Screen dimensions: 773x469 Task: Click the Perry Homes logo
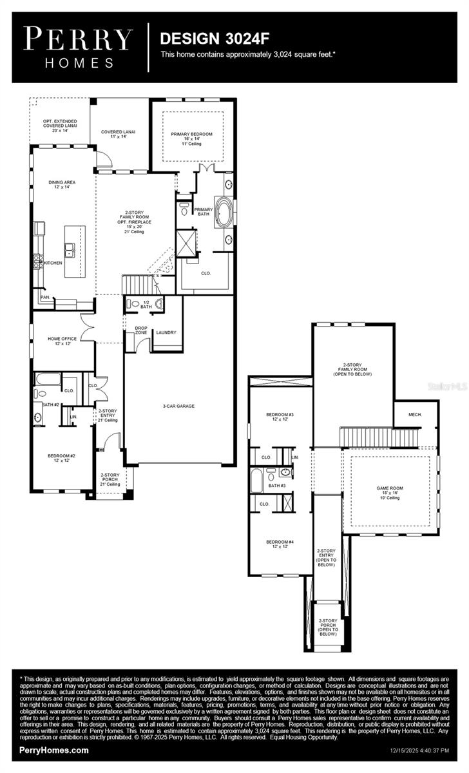click(x=79, y=46)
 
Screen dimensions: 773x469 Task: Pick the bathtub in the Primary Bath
click(x=225, y=212)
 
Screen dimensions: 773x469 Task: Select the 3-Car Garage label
click(x=178, y=406)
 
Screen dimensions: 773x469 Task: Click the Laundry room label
click(x=166, y=332)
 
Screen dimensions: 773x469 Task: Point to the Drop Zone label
click(x=141, y=330)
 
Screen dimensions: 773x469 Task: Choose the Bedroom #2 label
click(x=62, y=458)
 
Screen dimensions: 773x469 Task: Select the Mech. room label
click(x=415, y=414)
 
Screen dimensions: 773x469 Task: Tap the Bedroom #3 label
click(x=280, y=417)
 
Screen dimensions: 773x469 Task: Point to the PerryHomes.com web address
click(x=54, y=750)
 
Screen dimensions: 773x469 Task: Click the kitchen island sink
click(x=69, y=249)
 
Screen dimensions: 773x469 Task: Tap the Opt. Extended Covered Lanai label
click(x=61, y=124)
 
